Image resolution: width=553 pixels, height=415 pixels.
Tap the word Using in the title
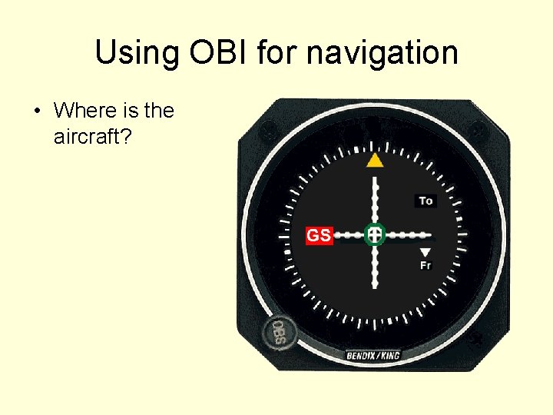coord(133,54)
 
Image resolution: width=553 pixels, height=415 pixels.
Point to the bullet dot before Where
coord(37,111)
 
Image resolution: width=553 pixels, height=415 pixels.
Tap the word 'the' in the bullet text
coord(158,111)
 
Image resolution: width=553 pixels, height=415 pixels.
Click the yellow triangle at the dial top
coord(374,160)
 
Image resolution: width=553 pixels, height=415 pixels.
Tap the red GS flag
coord(319,235)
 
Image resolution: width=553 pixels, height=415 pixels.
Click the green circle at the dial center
coord(374,234)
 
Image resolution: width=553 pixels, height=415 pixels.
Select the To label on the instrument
coord(426,201)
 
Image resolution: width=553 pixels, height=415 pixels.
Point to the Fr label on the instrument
coord(426,265)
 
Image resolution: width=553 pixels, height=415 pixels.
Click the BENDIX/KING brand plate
coord(373,355)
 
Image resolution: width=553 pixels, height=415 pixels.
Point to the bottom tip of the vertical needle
coord(374,286)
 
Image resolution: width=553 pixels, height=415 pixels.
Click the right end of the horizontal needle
coord(430,234)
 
